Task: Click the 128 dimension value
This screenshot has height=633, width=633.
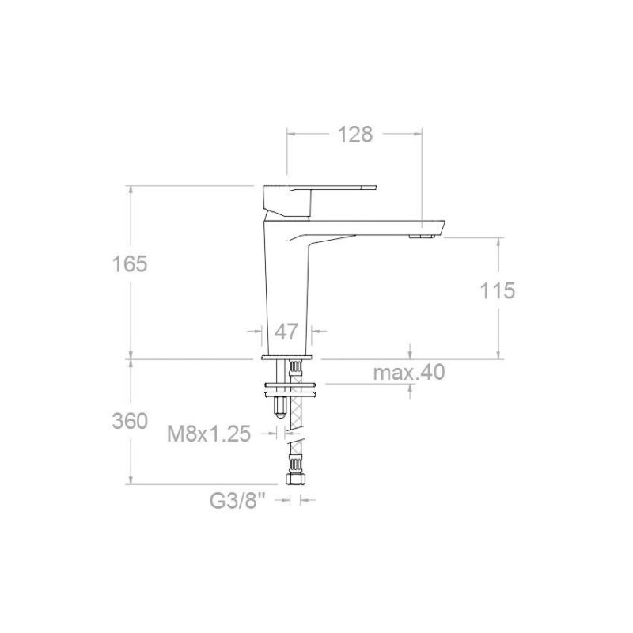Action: pyautogui.click(x=354, y=135)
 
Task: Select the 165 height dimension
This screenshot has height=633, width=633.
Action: pyautogui.click(x=130, y=264)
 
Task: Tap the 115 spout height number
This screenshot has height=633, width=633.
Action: pyautogui.click(x=498, y=290)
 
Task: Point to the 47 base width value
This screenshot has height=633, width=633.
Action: pyautogui.click(x=286, y=332)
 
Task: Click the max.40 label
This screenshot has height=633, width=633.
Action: pyautogui.click(x=409, y=372)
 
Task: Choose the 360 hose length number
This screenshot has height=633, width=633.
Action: pyautogui.click(x=130, y=422)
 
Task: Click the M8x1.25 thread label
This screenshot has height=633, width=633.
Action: pyautogui.click(x=209, y=434)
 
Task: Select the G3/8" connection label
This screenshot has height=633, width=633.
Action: pyautogui.click(x=238, y=501)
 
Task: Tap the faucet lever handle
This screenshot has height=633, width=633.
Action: pyautogui.click(x=319, y=199)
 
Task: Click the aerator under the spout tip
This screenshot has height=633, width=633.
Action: pyautogui.click(x=421, y=236)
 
